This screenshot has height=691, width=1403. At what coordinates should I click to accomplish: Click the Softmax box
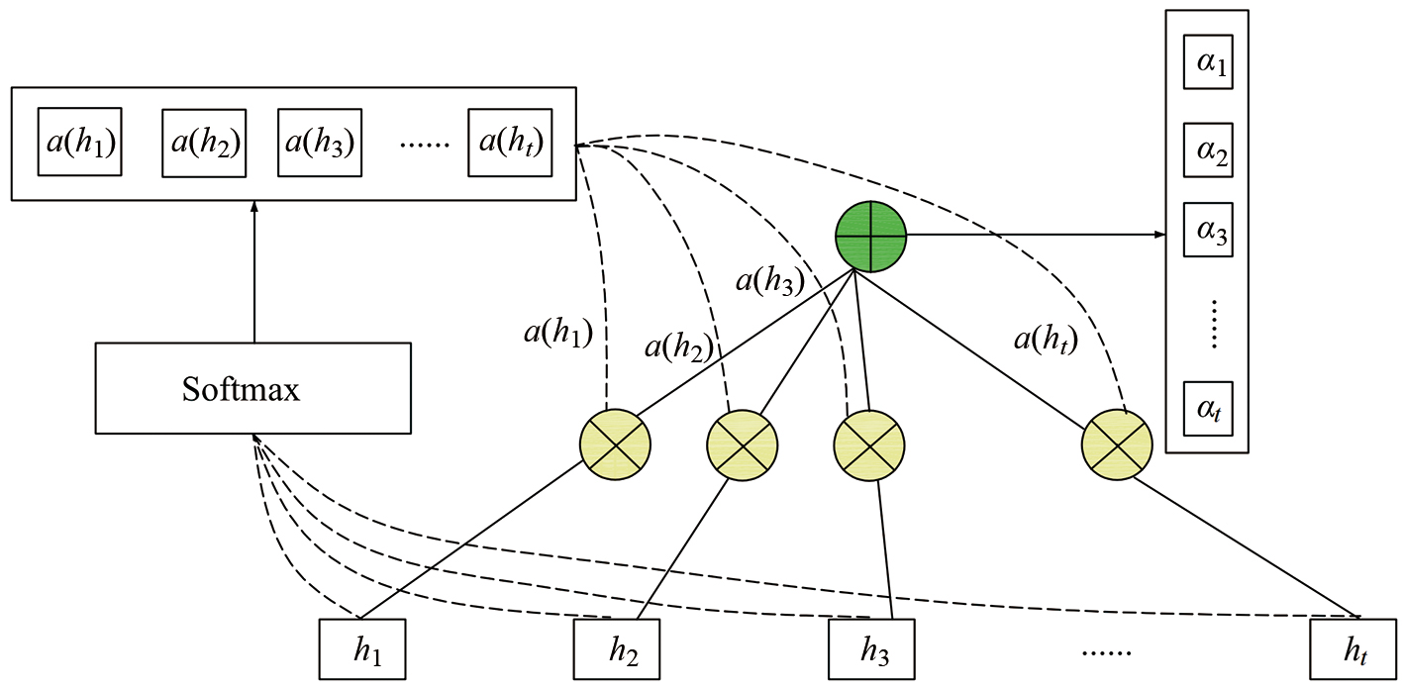(252, 388)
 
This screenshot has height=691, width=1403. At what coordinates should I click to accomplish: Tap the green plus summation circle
(871, 236)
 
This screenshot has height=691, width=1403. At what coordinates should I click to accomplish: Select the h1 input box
(362, 649)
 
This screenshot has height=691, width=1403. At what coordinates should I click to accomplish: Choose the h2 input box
(617, 649)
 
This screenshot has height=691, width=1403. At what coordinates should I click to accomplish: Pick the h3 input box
(871, 649)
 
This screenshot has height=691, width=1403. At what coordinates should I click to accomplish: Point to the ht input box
(1352, 649)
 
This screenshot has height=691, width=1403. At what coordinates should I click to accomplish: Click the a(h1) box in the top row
(80, 143)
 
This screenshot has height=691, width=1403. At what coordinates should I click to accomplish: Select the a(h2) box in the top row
(204, 143)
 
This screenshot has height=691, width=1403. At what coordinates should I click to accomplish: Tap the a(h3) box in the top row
(320, 143)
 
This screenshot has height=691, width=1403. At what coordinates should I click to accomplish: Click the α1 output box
(1208, 65)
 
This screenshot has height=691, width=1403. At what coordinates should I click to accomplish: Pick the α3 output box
(1208, 235)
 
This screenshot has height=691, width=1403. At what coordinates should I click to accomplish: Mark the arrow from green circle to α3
(1036, 235)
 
